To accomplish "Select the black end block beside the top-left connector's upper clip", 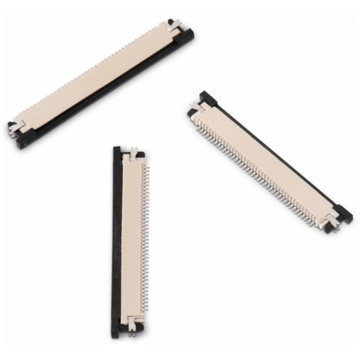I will point(184,36).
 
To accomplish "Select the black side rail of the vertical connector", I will point(117,234).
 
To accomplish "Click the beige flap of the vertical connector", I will point(131,238).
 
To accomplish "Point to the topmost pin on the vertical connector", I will point(145,166).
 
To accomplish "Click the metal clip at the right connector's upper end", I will point(196,108).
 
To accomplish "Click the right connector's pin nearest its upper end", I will point(198,128).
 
